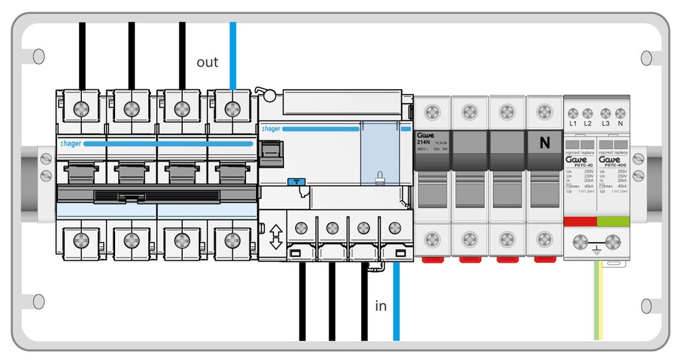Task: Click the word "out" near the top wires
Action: click(207, 63)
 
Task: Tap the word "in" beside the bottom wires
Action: click(381, 306)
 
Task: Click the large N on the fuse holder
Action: click(545, 142)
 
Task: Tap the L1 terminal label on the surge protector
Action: click(573, 124)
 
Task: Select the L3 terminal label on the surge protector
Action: click(605, 124)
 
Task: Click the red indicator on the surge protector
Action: click(580, 221)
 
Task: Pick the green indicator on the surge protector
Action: click(613, 221)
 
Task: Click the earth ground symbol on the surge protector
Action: click(597, 248)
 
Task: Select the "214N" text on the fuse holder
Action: click(424, 142)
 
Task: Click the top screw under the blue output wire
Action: click(232, 108)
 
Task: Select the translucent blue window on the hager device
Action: click(379, 153)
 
